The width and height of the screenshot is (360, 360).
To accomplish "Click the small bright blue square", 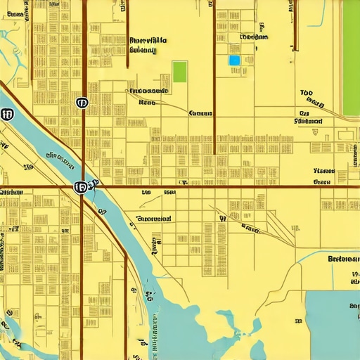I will (235, 60).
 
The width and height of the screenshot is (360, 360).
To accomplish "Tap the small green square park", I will (180, 72).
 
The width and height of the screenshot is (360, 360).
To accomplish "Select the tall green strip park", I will (350, 58).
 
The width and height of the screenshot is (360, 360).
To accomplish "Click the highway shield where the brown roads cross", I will (80, 187).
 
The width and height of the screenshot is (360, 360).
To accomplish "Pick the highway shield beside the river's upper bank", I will (8, 114).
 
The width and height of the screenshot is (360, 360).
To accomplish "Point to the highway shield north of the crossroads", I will (82, 103).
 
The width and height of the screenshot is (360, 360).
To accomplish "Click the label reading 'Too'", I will (306, 93).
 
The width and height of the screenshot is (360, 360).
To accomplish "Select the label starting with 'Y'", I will (324, 171).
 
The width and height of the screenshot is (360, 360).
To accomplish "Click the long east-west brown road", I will (211, 186).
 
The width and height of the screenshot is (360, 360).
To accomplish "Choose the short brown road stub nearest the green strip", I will (295, 25).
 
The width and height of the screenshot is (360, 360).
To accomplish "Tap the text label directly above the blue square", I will (253, 37).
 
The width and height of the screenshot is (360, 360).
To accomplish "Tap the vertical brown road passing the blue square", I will (214, 77).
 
